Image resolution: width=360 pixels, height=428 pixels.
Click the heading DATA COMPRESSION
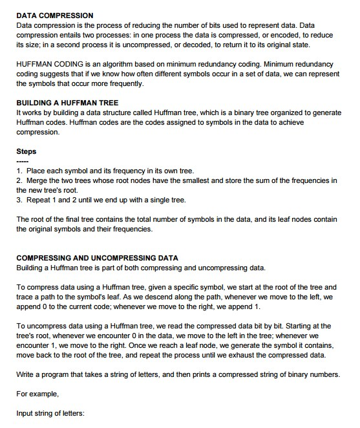click(55, 15)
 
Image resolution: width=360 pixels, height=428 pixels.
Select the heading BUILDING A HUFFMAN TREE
click(67, 103)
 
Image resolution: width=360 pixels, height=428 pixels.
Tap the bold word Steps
click(26, 152)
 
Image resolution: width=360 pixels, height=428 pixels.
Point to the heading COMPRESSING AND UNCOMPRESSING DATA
click(97, 258)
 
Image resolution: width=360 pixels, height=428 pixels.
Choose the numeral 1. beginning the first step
click(19, 171)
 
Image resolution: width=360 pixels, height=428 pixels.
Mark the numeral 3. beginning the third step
click(19, 200)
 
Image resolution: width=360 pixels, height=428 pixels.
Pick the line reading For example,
click(40, 394)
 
